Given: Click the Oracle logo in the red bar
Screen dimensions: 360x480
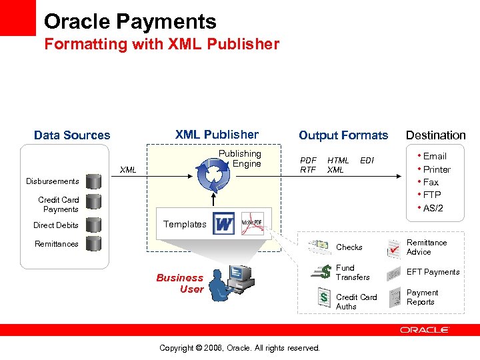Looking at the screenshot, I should tap(425, 329).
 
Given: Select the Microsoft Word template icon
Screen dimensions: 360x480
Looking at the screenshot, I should tap(225, 223).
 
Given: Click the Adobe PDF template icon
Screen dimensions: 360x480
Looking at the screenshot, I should tap(252, 223).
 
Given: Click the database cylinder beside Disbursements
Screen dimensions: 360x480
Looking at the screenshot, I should tap(93, 181).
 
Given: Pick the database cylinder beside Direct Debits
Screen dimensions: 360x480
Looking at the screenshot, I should tap(93, 225).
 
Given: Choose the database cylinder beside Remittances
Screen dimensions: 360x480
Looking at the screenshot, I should tap(93, 243).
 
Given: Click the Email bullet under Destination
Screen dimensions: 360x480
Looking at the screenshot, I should tap(434, 156).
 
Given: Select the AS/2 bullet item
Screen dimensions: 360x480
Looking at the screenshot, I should tap(433, 208).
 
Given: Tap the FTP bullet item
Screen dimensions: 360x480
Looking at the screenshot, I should tap(431, 195).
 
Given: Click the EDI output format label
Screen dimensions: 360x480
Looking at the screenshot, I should tap(367, 160).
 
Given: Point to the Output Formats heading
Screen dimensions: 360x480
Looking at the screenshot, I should tap(343, 135).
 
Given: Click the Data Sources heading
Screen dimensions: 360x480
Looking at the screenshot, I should tap(72, 135).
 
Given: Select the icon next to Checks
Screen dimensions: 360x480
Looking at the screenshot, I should tap(320, 247).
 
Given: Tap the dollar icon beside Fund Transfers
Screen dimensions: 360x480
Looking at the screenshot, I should tap(324, 271).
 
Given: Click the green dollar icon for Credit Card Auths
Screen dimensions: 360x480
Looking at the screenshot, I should tap(323, 297).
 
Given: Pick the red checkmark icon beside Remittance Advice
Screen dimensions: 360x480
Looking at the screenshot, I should tap(393, 248).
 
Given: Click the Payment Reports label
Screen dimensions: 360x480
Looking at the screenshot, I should tap(421, 297).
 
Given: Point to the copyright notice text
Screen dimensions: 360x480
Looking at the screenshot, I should tap(240, 348).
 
